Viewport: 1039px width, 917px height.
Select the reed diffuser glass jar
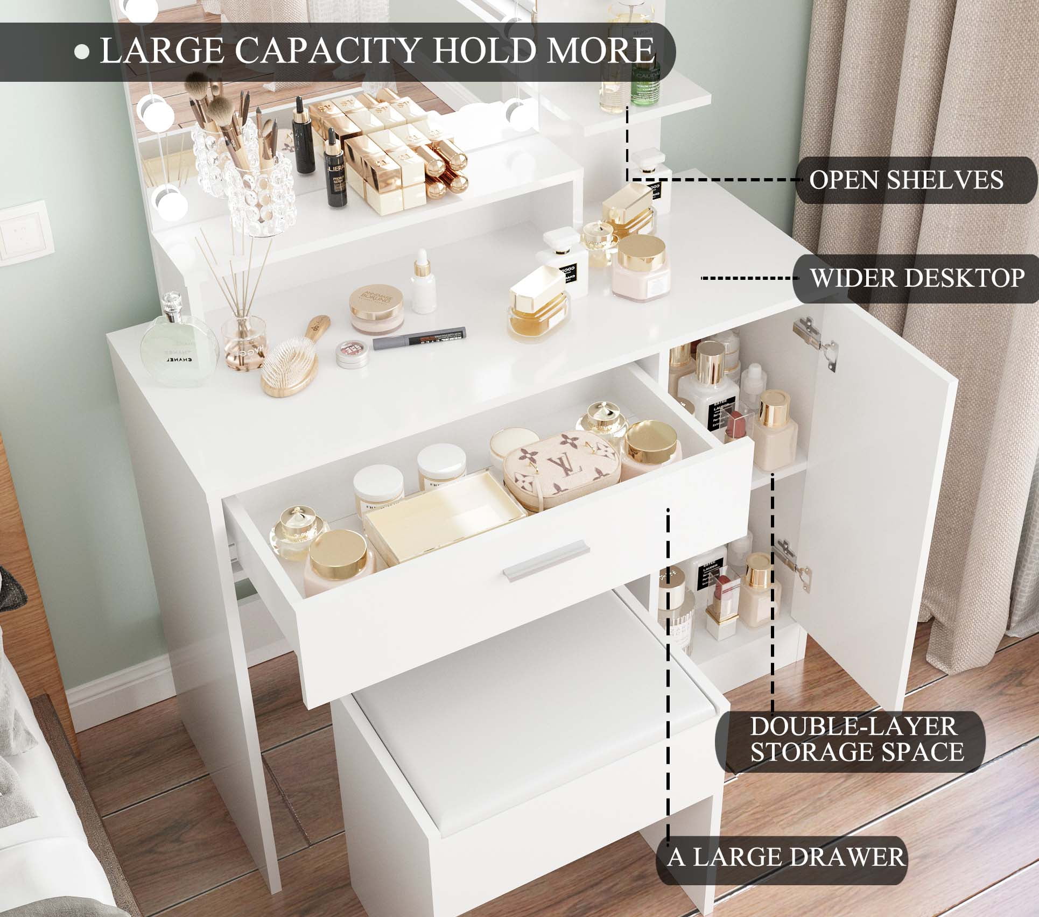(x=244, y=342)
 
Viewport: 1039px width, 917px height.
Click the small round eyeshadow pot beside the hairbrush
(x=353, y=353)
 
